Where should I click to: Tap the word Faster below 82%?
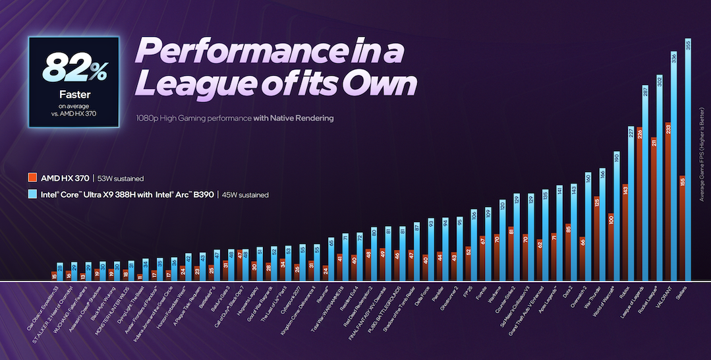73,94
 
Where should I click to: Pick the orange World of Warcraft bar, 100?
611,247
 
